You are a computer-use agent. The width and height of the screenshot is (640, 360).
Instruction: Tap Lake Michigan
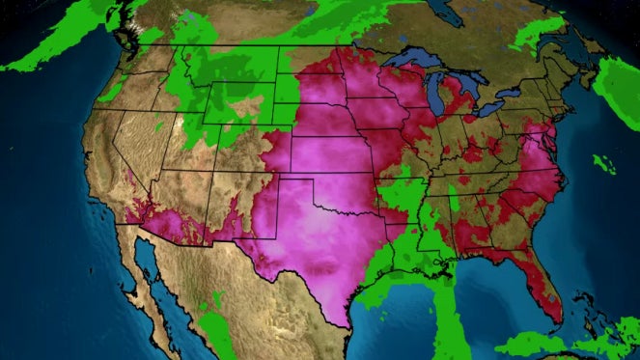click(x=435, y=97)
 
